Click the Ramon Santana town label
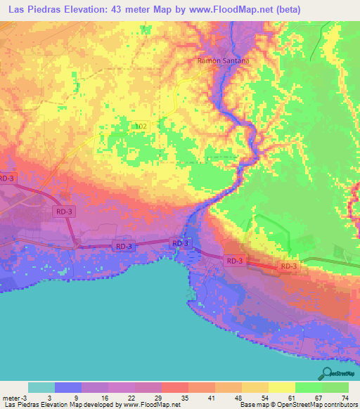(x=222, y=61)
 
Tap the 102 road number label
(x=141, y=126)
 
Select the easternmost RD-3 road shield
(x=289, y=266)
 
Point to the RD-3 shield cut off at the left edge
(x=6, y=178)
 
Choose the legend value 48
(x=240, y=397)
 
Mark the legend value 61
(x=291, y=397)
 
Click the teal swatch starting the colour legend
(x=41, y=387)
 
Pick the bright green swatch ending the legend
(x=335, y=387)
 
